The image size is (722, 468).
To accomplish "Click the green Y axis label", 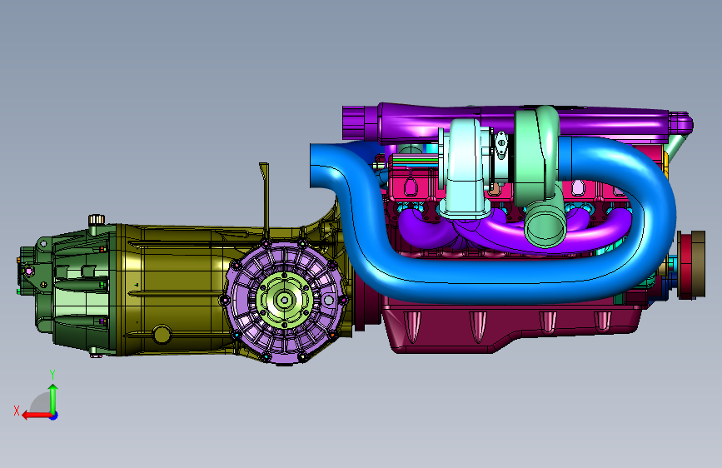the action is tap(52, 375).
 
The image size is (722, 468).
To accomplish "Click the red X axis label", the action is tap(17, 411).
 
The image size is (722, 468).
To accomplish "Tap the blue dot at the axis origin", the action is tap(54, 416).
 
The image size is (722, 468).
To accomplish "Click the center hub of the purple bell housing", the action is tap(285, 301).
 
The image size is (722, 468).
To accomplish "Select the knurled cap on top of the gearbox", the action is tap(97, 219).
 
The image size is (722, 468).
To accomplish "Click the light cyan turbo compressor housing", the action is tap(465, 168).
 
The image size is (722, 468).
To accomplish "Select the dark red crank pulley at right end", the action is tap(690, 265).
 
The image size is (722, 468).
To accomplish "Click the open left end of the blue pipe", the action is tap(316, 166).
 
